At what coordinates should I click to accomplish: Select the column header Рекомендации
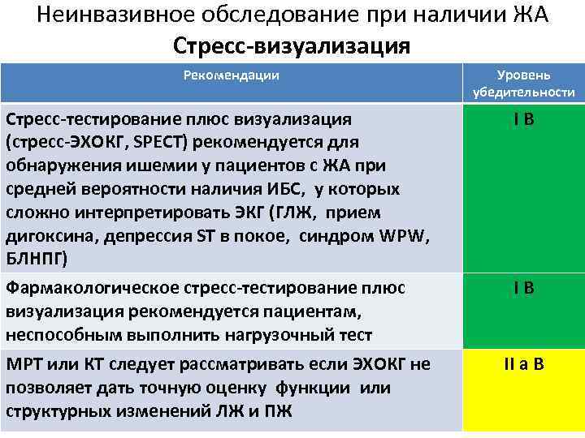(x=231, y=75)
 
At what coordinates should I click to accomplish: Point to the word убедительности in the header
(x=523, y=92)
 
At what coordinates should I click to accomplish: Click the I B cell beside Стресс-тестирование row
(x=523, y=120)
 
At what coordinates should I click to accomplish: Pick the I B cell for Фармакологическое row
(x=523, y=288)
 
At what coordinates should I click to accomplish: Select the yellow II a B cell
(x=523, y=364)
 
